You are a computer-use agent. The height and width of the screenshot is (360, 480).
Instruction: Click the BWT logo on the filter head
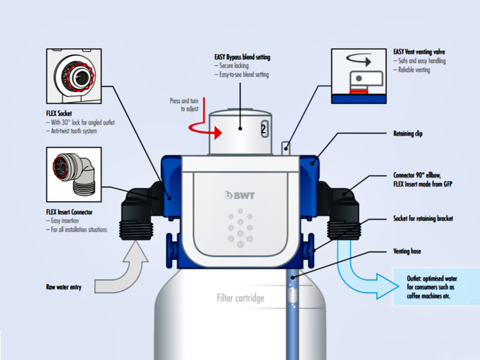pos(239,196)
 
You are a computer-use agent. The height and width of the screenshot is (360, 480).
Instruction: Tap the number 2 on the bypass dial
pos(263,129)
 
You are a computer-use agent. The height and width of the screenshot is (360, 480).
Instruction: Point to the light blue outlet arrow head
pos(387,286)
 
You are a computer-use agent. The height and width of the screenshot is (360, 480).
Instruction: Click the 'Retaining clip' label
pos(408,133)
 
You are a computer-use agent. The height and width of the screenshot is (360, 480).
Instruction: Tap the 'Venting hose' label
pos(407,251)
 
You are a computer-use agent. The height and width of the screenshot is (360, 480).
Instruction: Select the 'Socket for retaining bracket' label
pos(423,218)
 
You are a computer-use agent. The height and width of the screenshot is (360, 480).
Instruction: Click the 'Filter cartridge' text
pos(241,298)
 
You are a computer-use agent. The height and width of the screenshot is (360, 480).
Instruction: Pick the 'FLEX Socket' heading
pos(59,113)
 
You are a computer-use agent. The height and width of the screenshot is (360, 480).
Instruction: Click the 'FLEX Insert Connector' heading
pos(69,212)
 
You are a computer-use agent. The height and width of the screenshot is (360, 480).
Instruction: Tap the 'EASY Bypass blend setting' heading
pos(242,57)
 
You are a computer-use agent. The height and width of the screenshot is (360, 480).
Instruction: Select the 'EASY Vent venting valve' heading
pos(419,52)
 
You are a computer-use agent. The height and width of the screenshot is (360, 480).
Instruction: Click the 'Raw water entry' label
pos(64,287)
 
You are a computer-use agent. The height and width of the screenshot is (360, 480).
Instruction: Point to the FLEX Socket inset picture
pos(74,76)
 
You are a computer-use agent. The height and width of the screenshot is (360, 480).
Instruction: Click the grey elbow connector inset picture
pos(74,175)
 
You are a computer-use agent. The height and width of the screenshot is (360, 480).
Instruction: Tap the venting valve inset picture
pos(359,76)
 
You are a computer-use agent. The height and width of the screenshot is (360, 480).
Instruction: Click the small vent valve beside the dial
pos(286,148)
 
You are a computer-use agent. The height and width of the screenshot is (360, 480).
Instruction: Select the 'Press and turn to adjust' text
pos(184,104)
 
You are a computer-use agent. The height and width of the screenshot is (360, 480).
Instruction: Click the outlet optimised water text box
pos(436,287)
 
